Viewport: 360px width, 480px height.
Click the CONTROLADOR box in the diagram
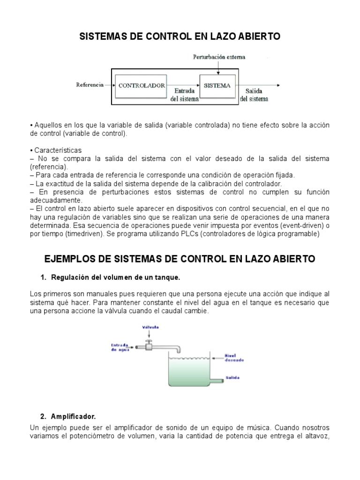pos(141,86)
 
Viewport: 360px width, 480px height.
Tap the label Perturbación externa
pos(219,57)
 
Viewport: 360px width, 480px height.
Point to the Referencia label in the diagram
pos(90,85)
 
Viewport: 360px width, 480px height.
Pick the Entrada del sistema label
pos(180,95)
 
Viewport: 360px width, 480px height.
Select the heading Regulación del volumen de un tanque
pos(110,277)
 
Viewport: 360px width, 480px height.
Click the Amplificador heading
pos(75,416)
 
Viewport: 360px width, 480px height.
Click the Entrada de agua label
pos(120,347)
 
